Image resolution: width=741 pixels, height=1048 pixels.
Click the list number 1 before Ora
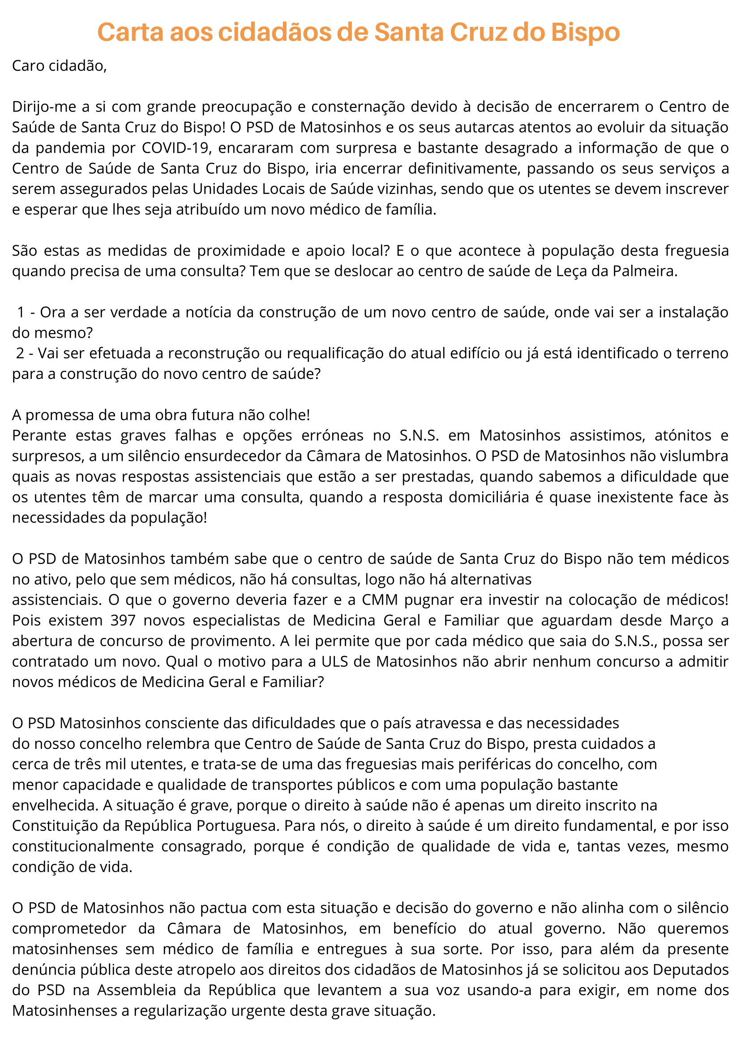tap(21, 313)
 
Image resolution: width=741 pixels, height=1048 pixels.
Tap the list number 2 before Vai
tap(21, 354)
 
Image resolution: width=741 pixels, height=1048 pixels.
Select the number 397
tap(123, 621)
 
